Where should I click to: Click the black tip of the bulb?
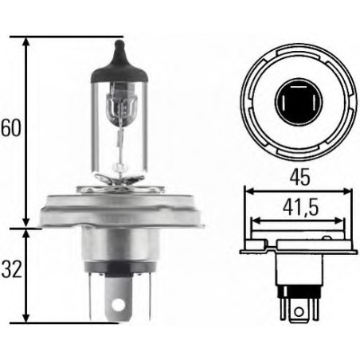click(119, 59)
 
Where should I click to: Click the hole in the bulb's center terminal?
click(120, 303)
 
